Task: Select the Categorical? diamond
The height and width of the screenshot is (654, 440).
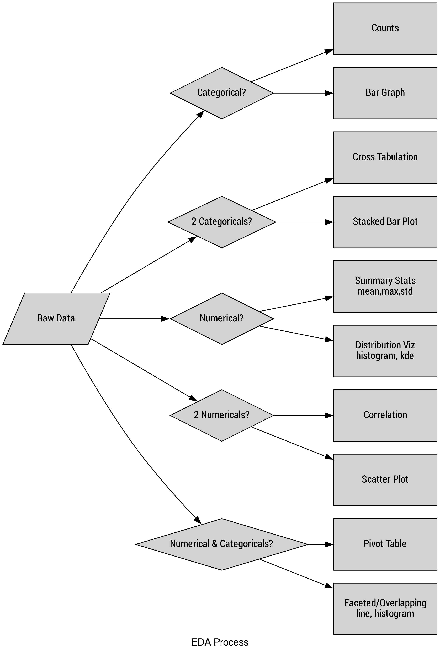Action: point(222,93)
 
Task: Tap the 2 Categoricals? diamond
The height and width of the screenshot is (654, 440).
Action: point(222,222)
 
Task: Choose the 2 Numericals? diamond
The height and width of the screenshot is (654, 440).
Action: point(222,415)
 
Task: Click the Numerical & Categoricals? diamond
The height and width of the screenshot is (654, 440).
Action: point(222,544)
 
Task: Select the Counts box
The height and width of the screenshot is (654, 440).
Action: point(385,28)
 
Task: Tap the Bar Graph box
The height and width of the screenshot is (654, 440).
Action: point(385,93)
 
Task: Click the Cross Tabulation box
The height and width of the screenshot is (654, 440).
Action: point(385,157)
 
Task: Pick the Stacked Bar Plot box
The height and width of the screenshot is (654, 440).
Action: point(385,222)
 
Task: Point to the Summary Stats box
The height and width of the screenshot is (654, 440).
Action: point(385,286)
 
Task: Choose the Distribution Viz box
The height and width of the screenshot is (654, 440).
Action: point(385,351)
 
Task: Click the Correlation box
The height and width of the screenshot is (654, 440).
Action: point(385,415)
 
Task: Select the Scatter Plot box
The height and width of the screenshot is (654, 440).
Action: point(385,480)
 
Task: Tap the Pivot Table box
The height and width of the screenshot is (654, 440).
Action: point(385,544)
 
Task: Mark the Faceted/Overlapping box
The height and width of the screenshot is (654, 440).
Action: point(385,609)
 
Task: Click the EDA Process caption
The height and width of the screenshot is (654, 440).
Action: point(220,642)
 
